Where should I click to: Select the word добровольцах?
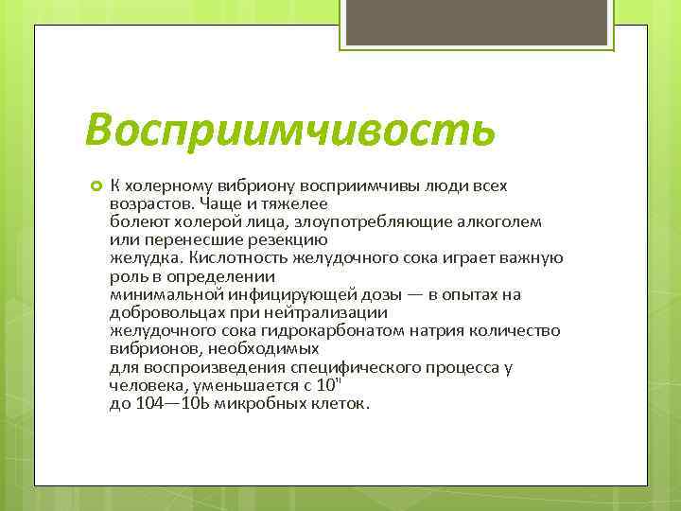pyautogui.click(x=157, y=312)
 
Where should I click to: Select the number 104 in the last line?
pyautogui.click(x=149, y=403)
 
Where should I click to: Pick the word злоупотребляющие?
pyautogui.click(x=335, y=221)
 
